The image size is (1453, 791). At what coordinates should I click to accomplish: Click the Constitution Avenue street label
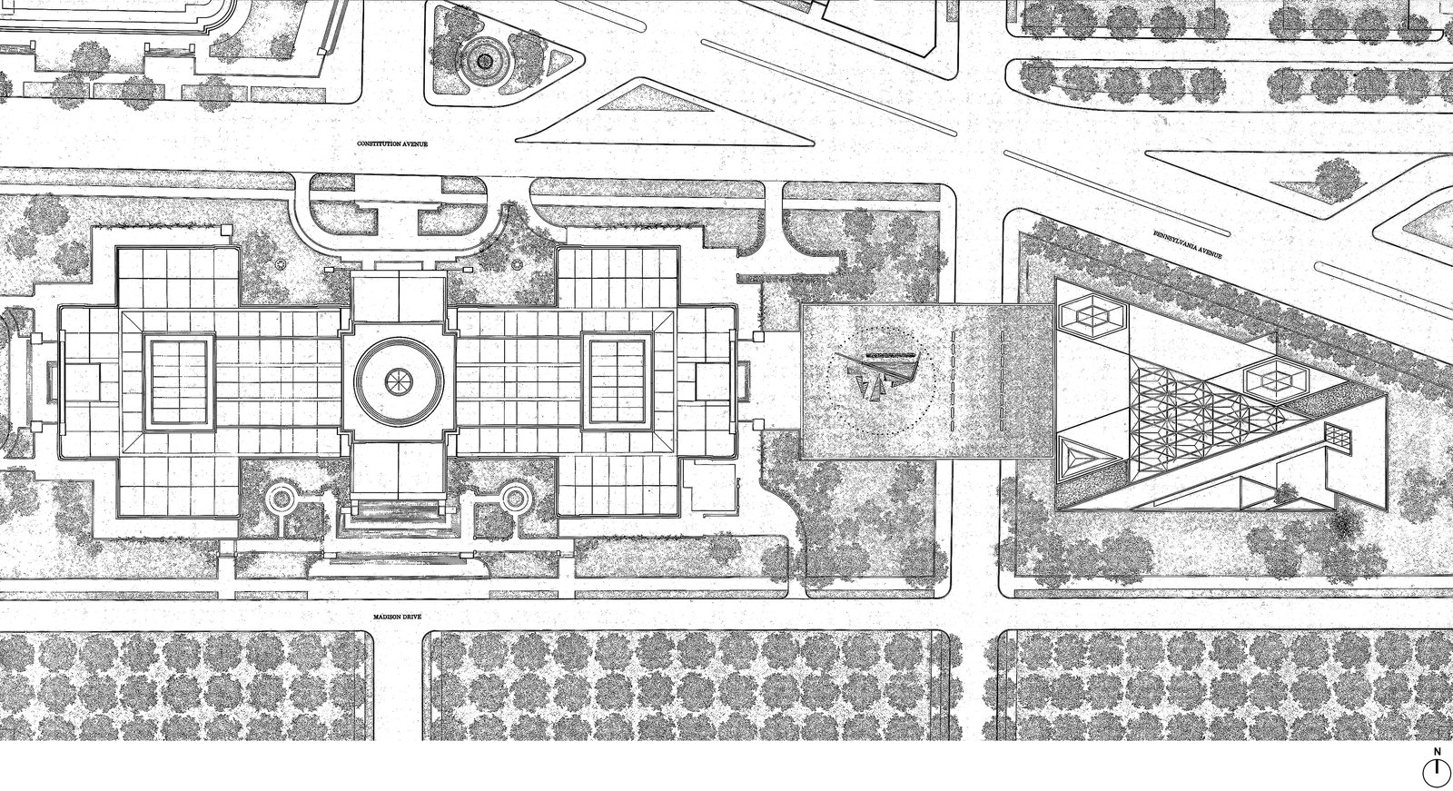tap(392, 143)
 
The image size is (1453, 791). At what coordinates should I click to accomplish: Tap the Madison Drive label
tap(397, 617)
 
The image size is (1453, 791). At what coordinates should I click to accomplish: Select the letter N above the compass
tap(1437, 751)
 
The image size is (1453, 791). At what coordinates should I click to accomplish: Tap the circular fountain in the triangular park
tap(484, 61)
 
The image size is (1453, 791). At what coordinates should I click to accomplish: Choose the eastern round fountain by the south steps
tap(514, 499)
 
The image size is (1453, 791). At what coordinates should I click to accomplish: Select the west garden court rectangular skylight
tap(179, 381)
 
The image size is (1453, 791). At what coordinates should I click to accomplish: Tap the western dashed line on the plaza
tap(953, 381)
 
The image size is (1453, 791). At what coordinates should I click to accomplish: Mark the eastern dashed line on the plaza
tap(1003, 381)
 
